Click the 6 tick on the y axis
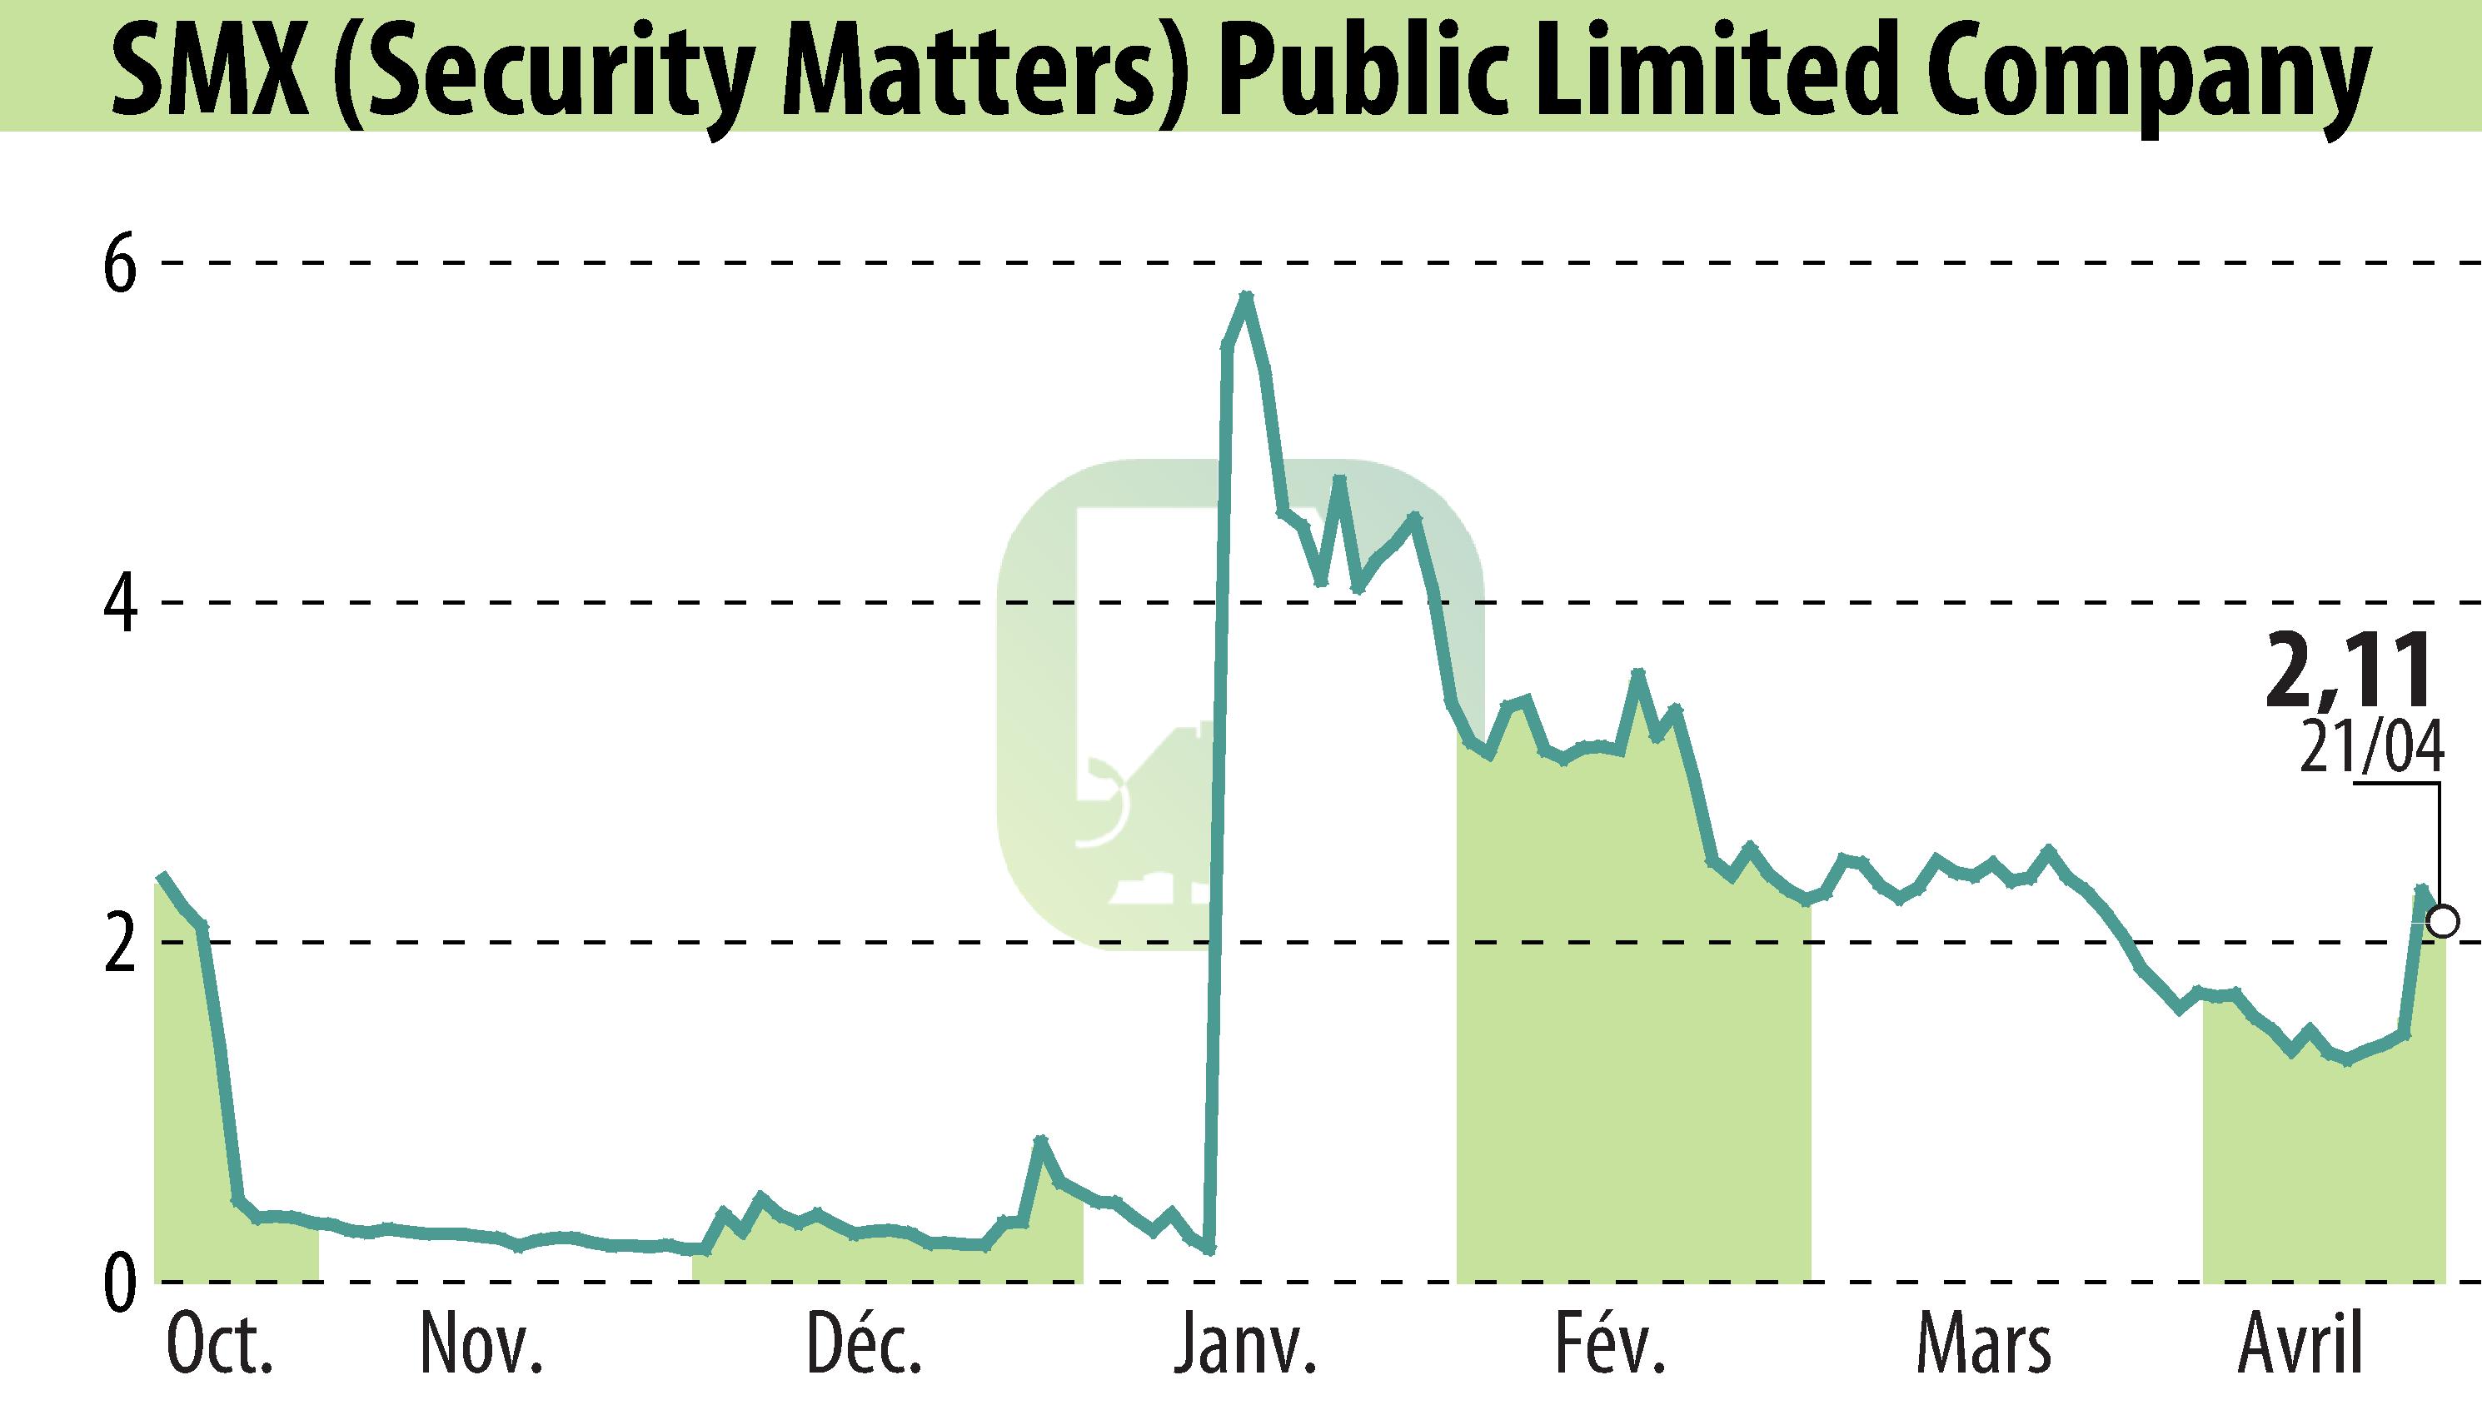tap(121, 263)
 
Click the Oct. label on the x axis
tap(220, 1346)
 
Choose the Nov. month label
tap(481, 1346)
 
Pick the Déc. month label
tap(864, 1344)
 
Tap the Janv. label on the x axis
tap(1243, 1346)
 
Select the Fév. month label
tap(1609, 1344)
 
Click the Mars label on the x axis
tap(1983, 1346)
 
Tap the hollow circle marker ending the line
tap(2442, 921)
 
